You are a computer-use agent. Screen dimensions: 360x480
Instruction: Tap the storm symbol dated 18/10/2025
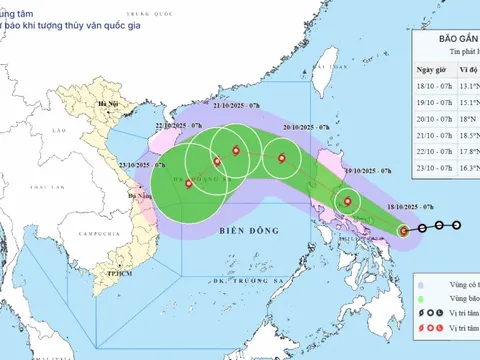(x=404, y=231)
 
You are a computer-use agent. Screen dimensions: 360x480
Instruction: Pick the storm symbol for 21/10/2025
(x=236, y=151)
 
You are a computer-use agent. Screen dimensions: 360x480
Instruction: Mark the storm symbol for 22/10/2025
(x=217, y=161)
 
